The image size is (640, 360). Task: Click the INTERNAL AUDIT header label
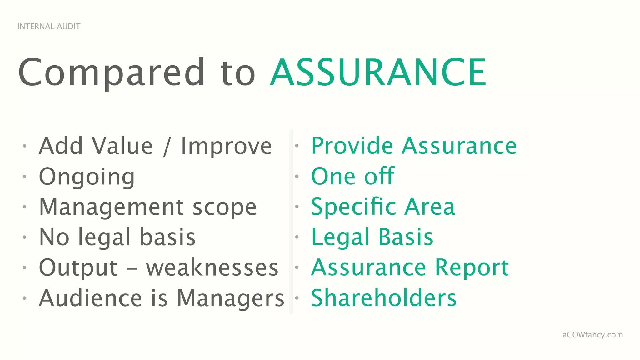[x=49, y=27]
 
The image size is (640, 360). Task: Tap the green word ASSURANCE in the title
[x=378, y=72]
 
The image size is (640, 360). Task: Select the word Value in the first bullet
[x=122, y=146]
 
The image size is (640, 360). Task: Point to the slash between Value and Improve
[x=167, y=147]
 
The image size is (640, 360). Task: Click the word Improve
[x=227, y=147]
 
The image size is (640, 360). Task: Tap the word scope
[x=225, y=207]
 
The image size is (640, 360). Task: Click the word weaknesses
[x=212, y=268]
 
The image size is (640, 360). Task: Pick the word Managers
[x=231, y=298]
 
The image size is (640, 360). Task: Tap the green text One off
[x=353, y=176]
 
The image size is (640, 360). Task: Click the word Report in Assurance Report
[x=472, y=268]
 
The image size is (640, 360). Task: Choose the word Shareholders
[x=384, y=298]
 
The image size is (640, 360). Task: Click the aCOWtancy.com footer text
[x=592, y=335]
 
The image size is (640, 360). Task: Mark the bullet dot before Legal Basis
[x=297, y=237]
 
